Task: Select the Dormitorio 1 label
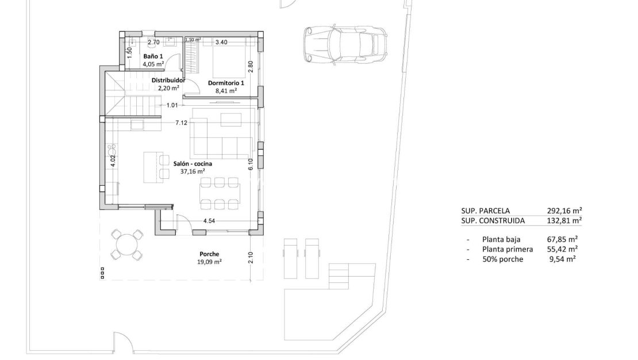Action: pos(226,83)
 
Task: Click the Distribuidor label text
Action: pos(168,81)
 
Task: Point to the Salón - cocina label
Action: pos(193,164)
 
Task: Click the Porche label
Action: pos(209,254)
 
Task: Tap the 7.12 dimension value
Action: pos(182,122)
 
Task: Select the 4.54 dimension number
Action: pos(209,220)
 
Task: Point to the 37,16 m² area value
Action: pos(193,171)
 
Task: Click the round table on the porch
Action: pos(126,245)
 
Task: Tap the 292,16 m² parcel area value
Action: pos(564,211)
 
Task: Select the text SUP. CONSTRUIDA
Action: pos(493,220)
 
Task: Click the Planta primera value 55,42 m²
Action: pos(562,249)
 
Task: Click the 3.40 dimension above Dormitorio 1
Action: pos(221,42)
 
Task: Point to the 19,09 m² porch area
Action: pos(210,261)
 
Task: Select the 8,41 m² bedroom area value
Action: pos(226,91)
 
